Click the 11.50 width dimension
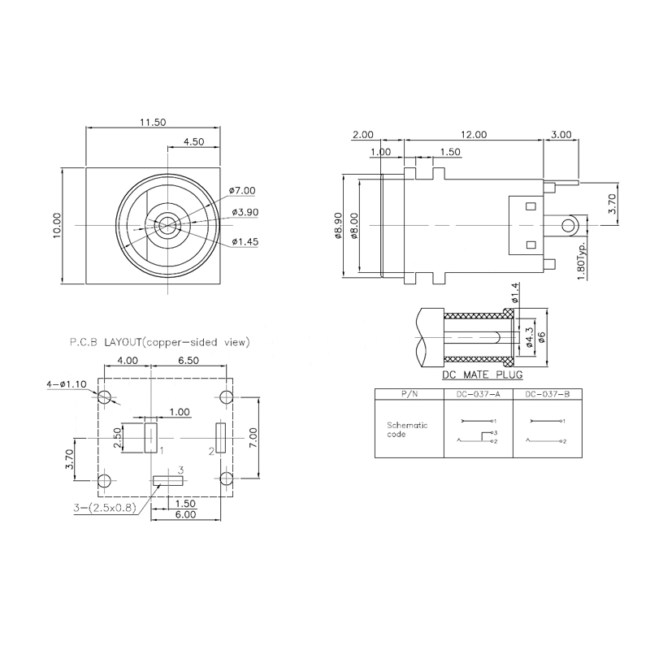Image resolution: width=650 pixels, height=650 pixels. coord(153,122)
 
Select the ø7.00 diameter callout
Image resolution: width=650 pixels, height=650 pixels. coord(243,191)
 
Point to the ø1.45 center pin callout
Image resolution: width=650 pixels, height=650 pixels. coord(245,241)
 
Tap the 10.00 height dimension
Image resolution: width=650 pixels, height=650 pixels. coord(57,225)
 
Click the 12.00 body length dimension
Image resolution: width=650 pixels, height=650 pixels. coord(474,135)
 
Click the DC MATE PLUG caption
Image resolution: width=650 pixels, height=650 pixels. coord(482,375)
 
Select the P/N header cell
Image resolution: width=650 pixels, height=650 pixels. coord(409,394)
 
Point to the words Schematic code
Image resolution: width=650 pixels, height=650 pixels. coord(406,429)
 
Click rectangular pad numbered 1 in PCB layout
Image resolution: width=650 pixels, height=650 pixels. coord(150,437)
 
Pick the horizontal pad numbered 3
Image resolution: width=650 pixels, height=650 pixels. coord(167,481)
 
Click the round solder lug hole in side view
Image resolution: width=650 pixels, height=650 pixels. coord(570,223)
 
